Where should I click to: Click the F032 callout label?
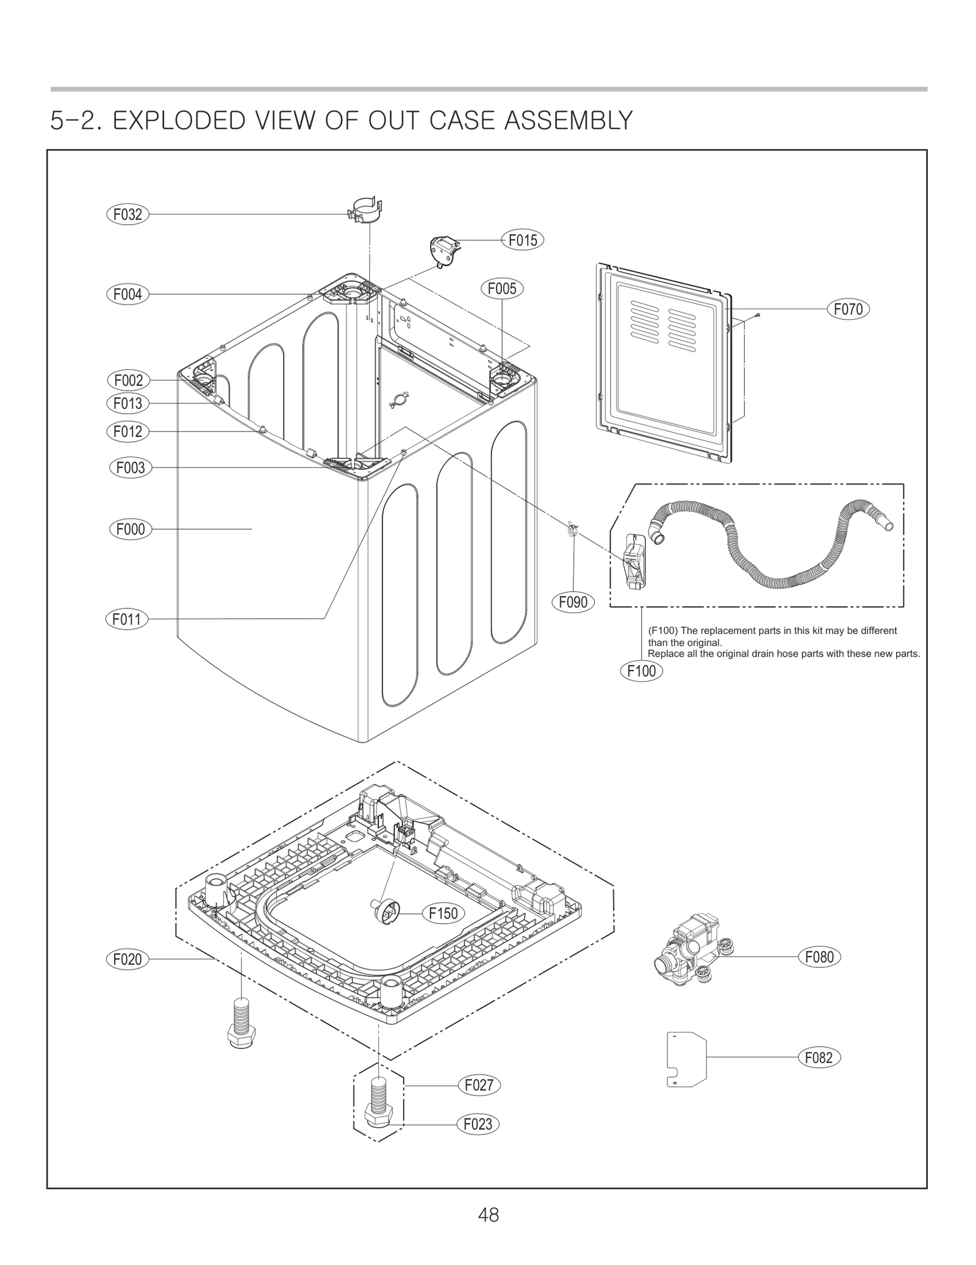[127, 214]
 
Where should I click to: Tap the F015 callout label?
[523, 240]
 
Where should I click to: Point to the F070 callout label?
[848, 309]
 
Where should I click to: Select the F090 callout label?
[573, 602]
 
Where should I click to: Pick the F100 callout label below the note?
[642, 671]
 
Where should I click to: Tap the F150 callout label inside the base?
[443, 914]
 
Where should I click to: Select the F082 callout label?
[819, 1058]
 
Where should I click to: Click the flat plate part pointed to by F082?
[686, 1059]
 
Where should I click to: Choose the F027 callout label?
[479, 1086]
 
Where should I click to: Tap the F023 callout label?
[478, 1124]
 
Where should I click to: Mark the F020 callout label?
[127, 959]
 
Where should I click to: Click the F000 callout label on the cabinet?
[131, 529]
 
